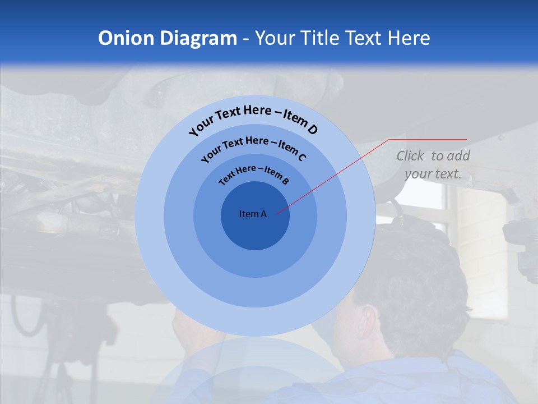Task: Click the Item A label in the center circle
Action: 253,214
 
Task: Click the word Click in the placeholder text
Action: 410,156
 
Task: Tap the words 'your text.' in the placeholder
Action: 433,174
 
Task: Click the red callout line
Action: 336,174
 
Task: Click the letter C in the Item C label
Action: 302,157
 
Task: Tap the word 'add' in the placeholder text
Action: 458,156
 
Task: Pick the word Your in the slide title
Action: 277,38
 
